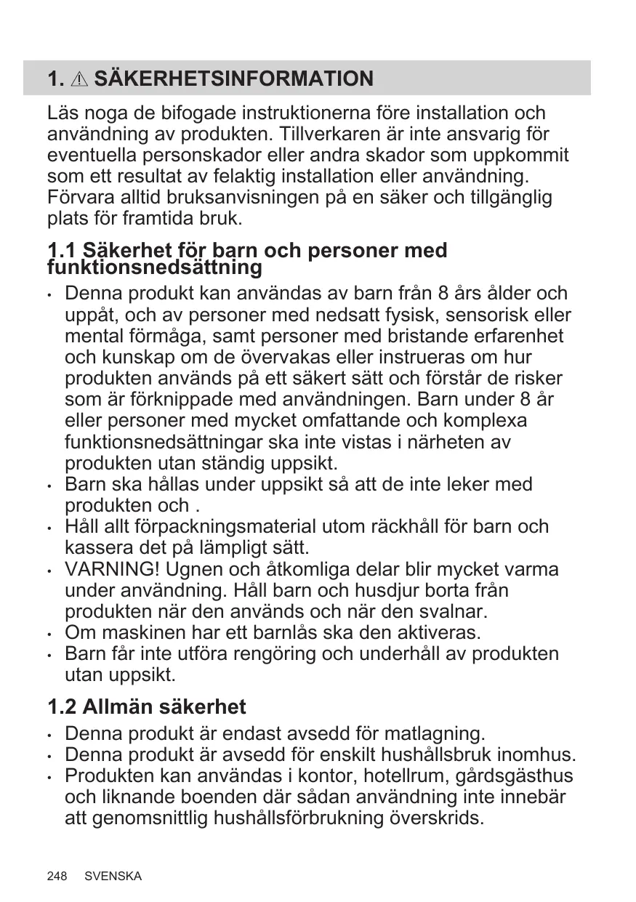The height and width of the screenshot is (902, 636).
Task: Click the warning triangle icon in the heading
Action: (81, 79)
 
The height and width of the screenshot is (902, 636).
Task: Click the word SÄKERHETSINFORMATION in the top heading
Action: (234, 78)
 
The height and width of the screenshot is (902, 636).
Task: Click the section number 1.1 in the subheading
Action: (62, 251)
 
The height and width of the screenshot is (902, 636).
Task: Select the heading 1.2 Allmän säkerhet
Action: (147, 706)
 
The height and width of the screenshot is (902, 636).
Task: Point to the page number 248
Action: (57, 876)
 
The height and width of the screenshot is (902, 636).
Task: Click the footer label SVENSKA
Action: (113, 876)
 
